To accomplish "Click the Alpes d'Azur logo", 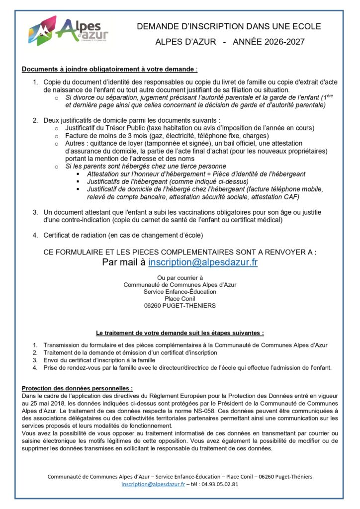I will point(67,31).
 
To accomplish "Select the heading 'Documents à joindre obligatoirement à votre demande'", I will point(108,69).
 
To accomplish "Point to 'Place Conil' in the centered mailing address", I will point(180,299).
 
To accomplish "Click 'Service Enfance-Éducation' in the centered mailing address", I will point(180,292).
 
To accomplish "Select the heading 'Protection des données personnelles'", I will point(77,388).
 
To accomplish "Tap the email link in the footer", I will point(153,484).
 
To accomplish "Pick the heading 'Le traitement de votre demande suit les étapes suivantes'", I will point(180,333).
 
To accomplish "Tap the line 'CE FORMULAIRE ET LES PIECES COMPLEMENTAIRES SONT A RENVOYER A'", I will point(180,252).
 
